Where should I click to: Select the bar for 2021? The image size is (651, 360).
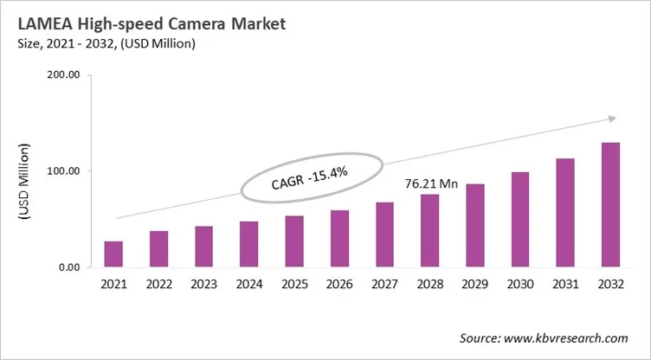click(x=113, y=254)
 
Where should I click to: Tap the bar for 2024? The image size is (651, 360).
click(x=248, y=245)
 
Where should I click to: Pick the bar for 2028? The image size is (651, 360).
click(x=429, y=231)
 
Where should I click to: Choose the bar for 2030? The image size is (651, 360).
click(x=519, y=220)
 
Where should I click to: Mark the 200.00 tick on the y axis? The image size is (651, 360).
click(x=62, y=75)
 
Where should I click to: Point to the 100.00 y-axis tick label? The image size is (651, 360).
click(x=62, y=171)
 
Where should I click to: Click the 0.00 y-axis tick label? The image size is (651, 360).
click(x=68, y=267)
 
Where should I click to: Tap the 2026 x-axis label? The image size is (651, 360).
click(x=338, y=283)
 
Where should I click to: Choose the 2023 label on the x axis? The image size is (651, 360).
click(x=203, y=283)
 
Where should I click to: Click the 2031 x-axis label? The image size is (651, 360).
click(x=564, y=283)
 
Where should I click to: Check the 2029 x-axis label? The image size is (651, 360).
click(x=474, y=283)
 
